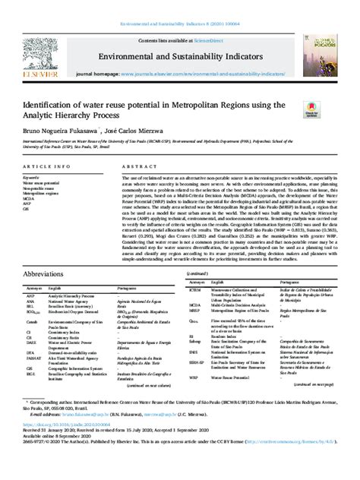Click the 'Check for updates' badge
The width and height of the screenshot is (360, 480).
tap(312, 109)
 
